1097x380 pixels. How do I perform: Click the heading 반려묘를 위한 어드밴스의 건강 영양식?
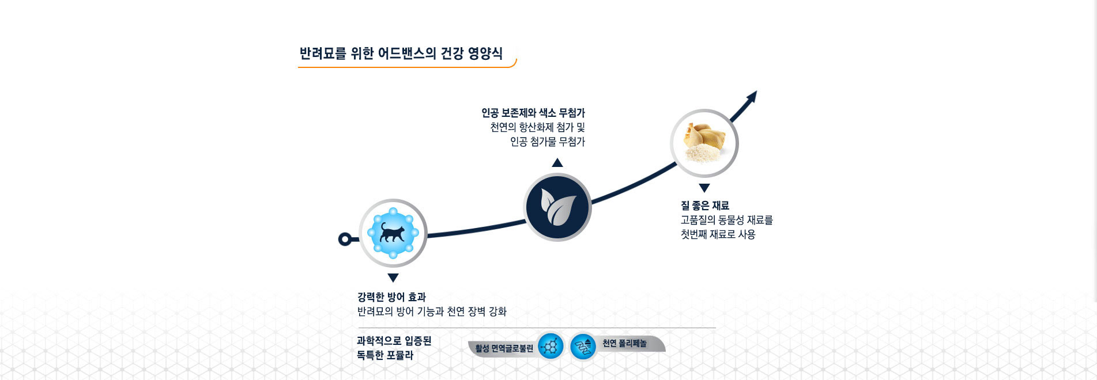(401, 54)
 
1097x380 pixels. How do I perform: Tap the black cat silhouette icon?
(393, 233)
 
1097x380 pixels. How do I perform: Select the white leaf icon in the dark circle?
(557, 207)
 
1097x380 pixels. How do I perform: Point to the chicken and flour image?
(704, 143)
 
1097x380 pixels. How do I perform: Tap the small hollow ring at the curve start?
(345, 239)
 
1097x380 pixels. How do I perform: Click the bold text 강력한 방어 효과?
(391, 297)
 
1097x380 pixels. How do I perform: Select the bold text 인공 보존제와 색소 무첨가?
(533, 113)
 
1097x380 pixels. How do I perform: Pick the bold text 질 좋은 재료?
(705, 206)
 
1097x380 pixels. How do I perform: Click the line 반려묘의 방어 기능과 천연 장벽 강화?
(432, 311)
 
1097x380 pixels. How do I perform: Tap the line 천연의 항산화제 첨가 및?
(537, 127)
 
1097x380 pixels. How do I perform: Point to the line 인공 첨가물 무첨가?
(548, 142)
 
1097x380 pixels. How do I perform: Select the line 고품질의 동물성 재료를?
(726, 220)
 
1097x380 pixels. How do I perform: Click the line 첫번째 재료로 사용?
(718, 234)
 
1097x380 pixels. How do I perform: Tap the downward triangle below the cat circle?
(393, 278)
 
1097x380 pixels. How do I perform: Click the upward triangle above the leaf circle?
(557, 162)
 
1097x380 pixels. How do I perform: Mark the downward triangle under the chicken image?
(704, 188)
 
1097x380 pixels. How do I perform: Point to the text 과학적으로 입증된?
(394, 341)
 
